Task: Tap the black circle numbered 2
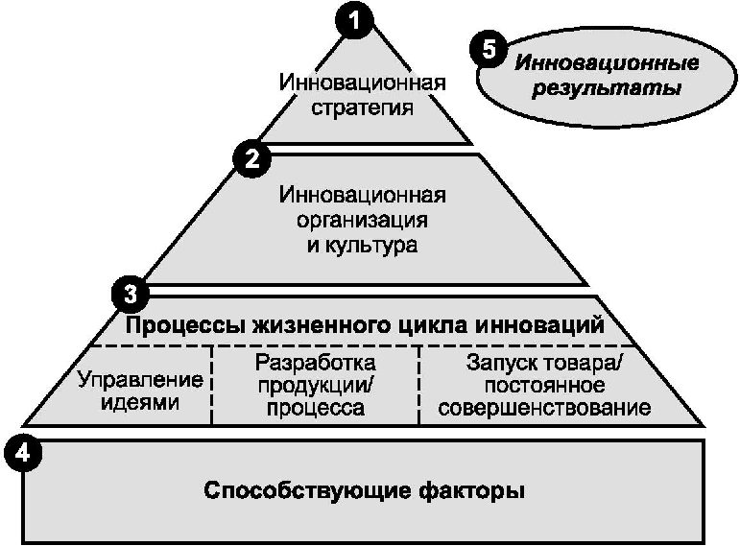251,158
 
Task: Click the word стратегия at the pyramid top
364,107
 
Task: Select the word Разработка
316,365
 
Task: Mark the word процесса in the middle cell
316,410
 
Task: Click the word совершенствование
543,409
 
